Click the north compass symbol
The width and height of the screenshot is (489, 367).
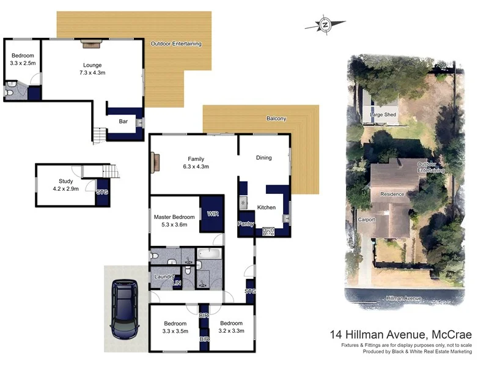[x=325, y=24]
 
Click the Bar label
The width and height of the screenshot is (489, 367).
[x=123, y=121]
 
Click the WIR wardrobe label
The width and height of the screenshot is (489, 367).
[x=213, y=214]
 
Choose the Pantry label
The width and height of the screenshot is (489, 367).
[x=246, y=223]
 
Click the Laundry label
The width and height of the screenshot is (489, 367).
[x=164, y=277]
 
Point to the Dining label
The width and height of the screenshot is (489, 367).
[x=264, y=158]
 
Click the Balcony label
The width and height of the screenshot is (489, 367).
[x=276, y=119]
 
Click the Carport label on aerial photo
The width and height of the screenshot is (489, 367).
[x=366, y=220]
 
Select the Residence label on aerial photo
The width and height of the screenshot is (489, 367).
[x=392, y=194]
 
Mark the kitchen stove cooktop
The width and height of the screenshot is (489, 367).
[x=268, y=231]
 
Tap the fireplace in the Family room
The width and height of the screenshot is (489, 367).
[x=155, y=163]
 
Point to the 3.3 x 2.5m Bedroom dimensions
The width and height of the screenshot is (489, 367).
[x=23, y=62]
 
